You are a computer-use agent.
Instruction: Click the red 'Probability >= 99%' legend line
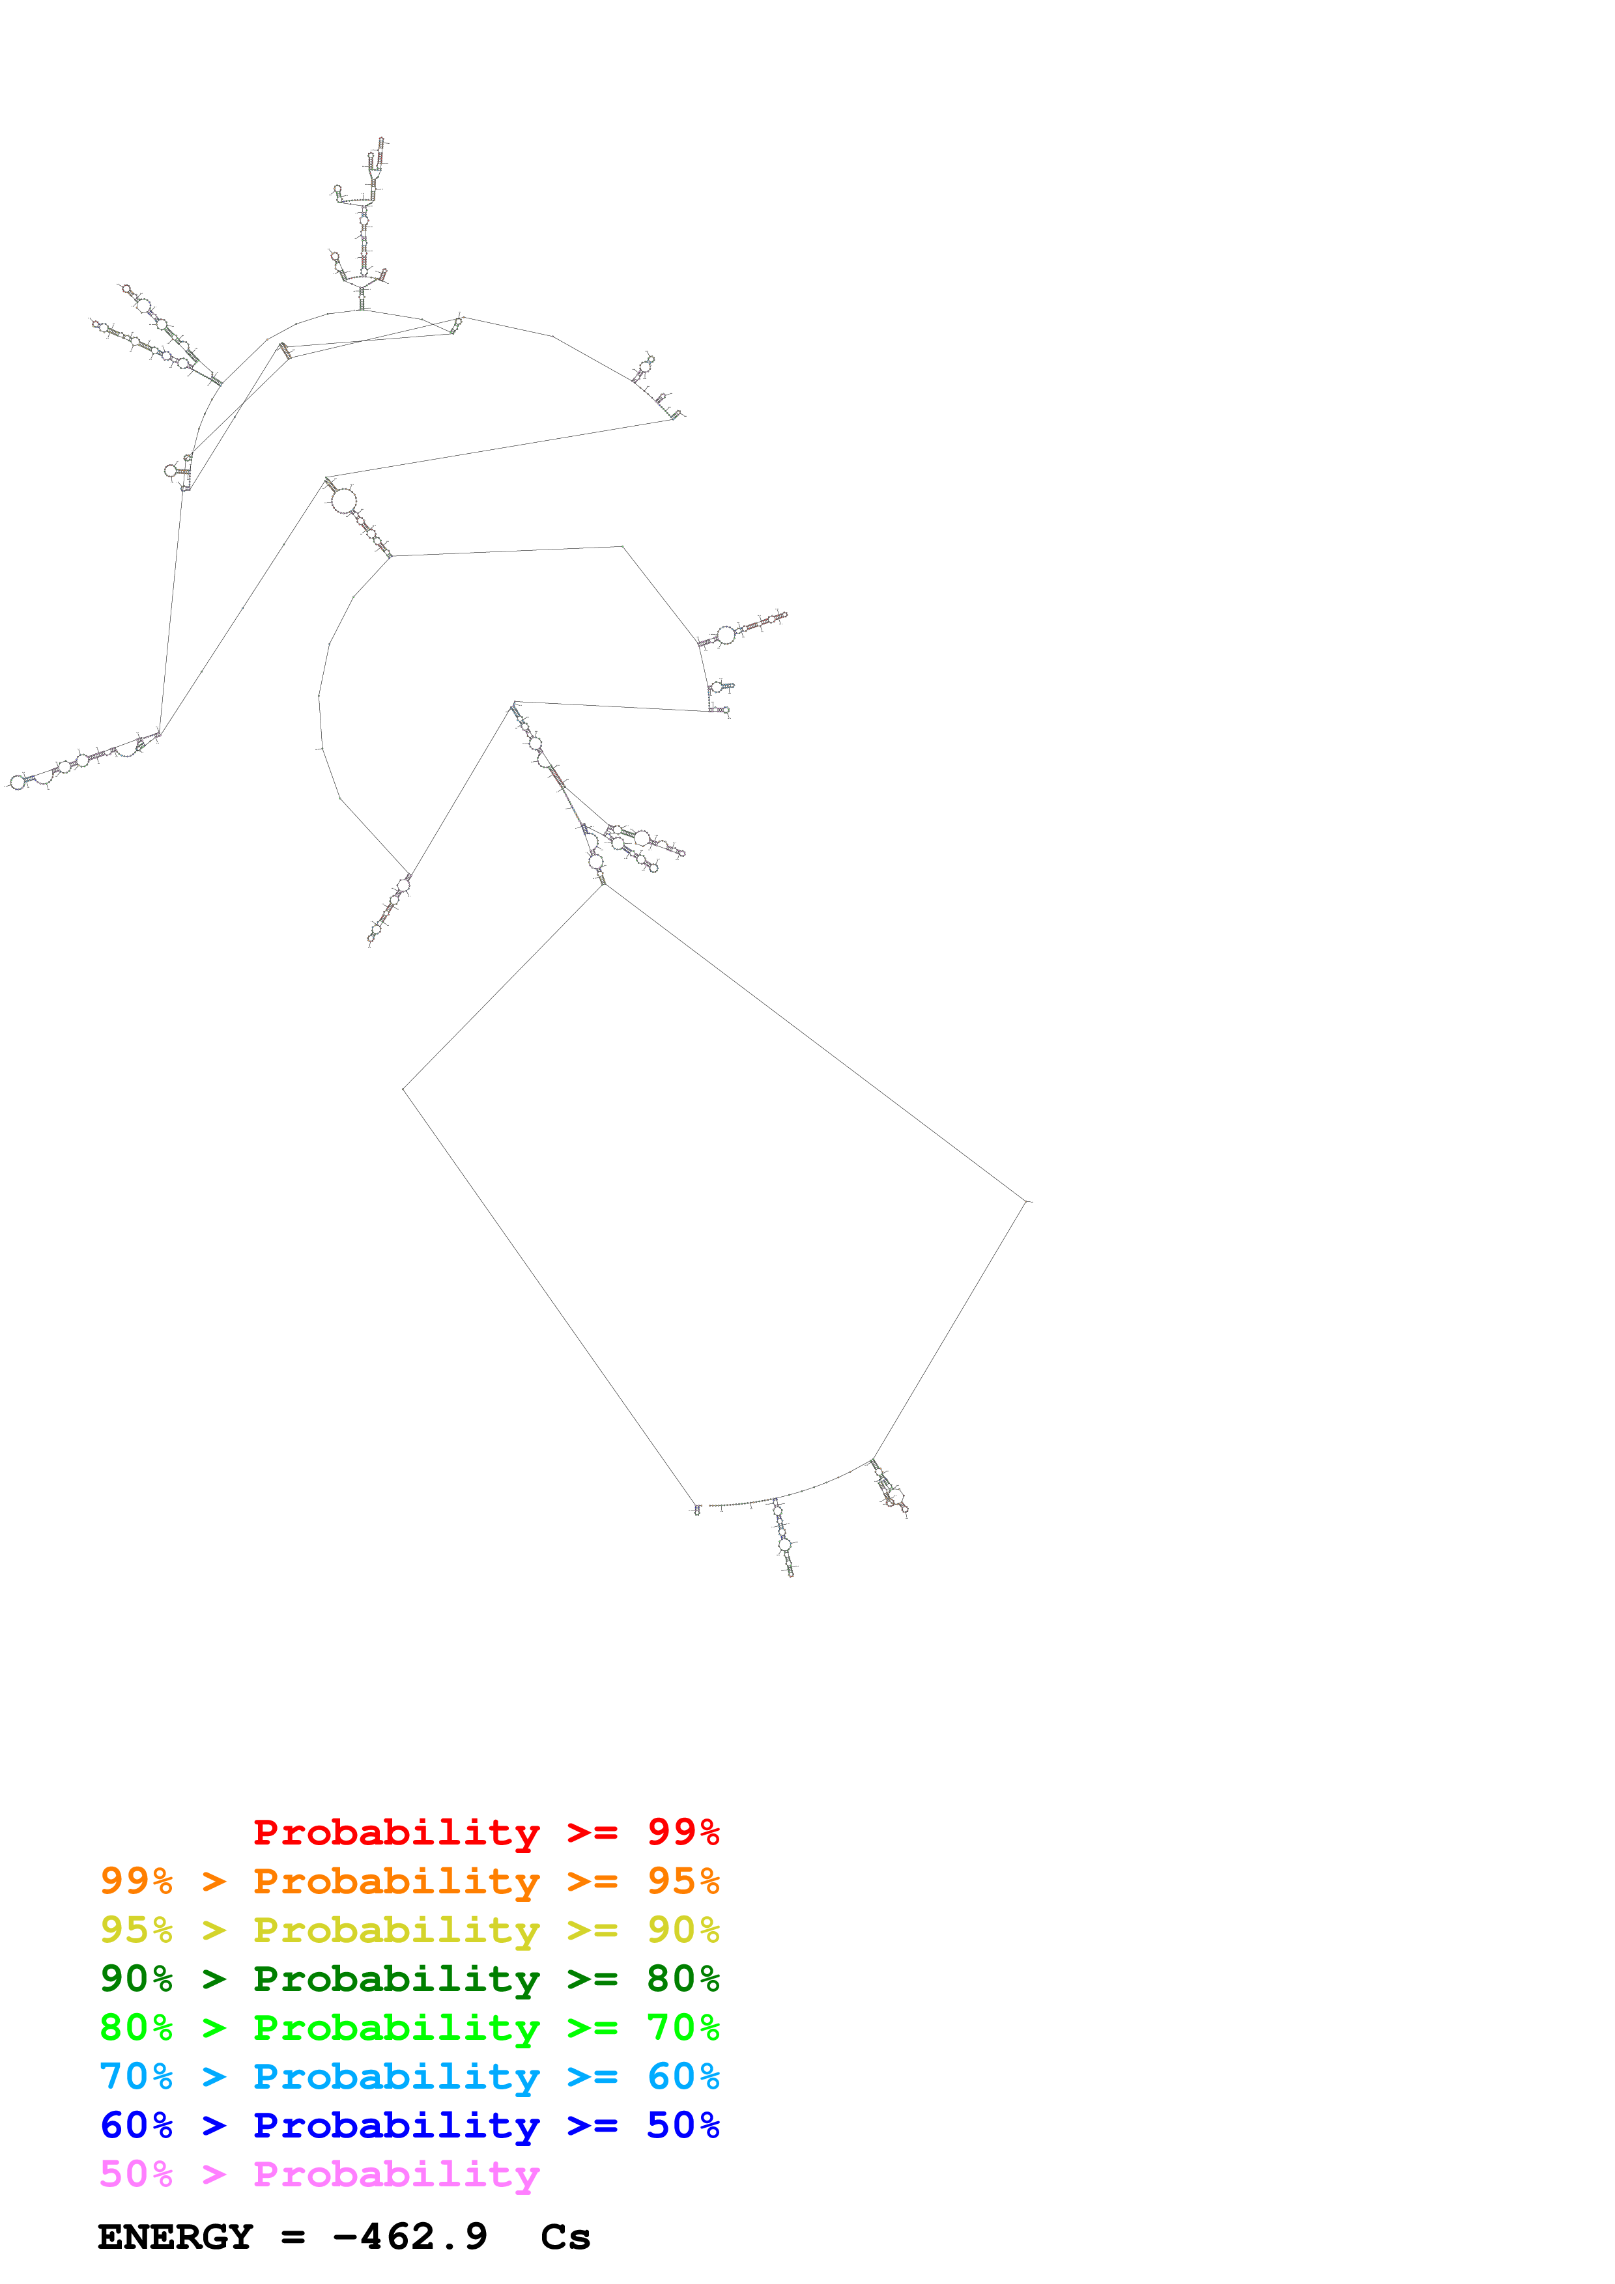(x=485, y=1832)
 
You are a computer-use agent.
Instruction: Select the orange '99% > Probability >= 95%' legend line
(x=409, y=1881)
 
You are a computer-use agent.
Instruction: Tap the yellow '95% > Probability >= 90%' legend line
(x=409, y=1930)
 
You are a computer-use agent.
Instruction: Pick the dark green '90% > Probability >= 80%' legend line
(x=409, y=1979)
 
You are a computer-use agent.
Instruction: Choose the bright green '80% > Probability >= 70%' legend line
(x=409, y=2027)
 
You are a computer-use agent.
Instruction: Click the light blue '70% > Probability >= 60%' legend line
(x=409, y=2076)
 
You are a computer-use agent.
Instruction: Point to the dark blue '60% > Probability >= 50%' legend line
(x=409, y=2125)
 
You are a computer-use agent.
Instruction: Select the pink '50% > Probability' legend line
(x=319, y=2173)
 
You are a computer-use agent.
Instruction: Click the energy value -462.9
(x=410, y=2236)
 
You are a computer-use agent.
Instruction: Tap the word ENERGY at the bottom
(x=175, y=2236)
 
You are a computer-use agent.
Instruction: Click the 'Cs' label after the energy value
(x=565, y=2236)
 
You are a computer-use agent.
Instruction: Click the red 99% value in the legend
(x=683, y=1832)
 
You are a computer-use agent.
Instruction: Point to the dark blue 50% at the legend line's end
(x=683, y=2125)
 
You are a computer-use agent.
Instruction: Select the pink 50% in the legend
(x=136, y=2173)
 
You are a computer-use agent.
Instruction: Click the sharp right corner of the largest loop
(x=1025, y=1202)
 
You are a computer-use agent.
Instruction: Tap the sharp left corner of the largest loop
(x=403, y=1088)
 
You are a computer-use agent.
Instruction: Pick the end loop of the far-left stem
(x=17, y=782)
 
